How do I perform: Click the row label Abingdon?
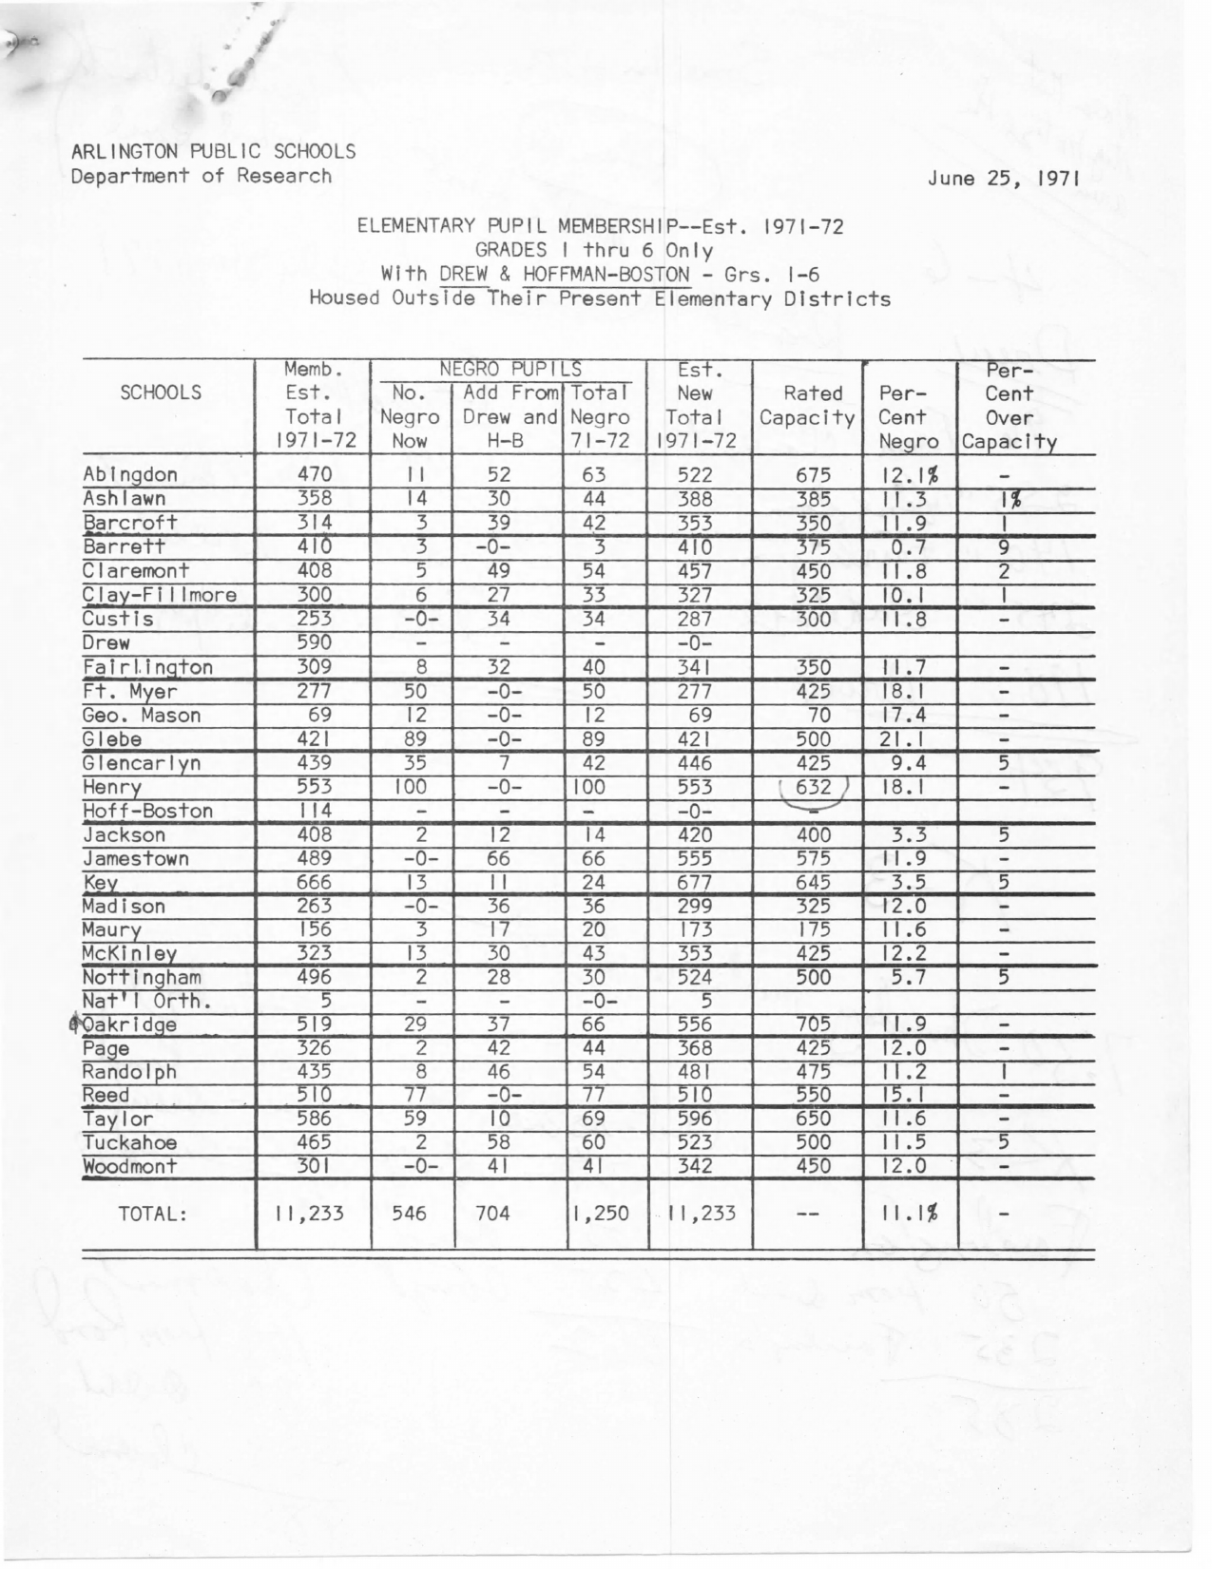point(130,475)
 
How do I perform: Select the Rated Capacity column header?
point(808,405)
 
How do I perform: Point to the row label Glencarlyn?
point(142,763)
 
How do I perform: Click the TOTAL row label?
point(152,1214)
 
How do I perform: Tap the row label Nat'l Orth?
point(146,1001)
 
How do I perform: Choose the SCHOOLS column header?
point(161,392)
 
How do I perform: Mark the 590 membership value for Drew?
point(314,642)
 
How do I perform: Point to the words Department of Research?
point(202,176)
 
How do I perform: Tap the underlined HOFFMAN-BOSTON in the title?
point(606,275)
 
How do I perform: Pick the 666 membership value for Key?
point(314,882)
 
